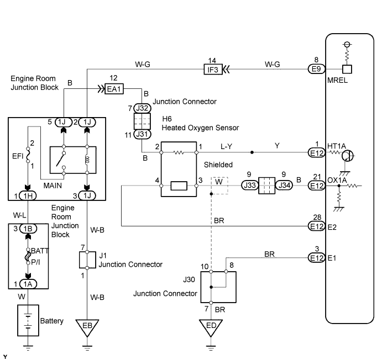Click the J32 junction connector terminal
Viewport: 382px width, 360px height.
point(143,108)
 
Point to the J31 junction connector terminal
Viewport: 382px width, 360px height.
point(143,135)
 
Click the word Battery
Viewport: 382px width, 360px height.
point(52,321)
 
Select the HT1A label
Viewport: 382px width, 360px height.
point(336,146)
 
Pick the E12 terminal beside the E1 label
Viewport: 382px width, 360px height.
point(316,257)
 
